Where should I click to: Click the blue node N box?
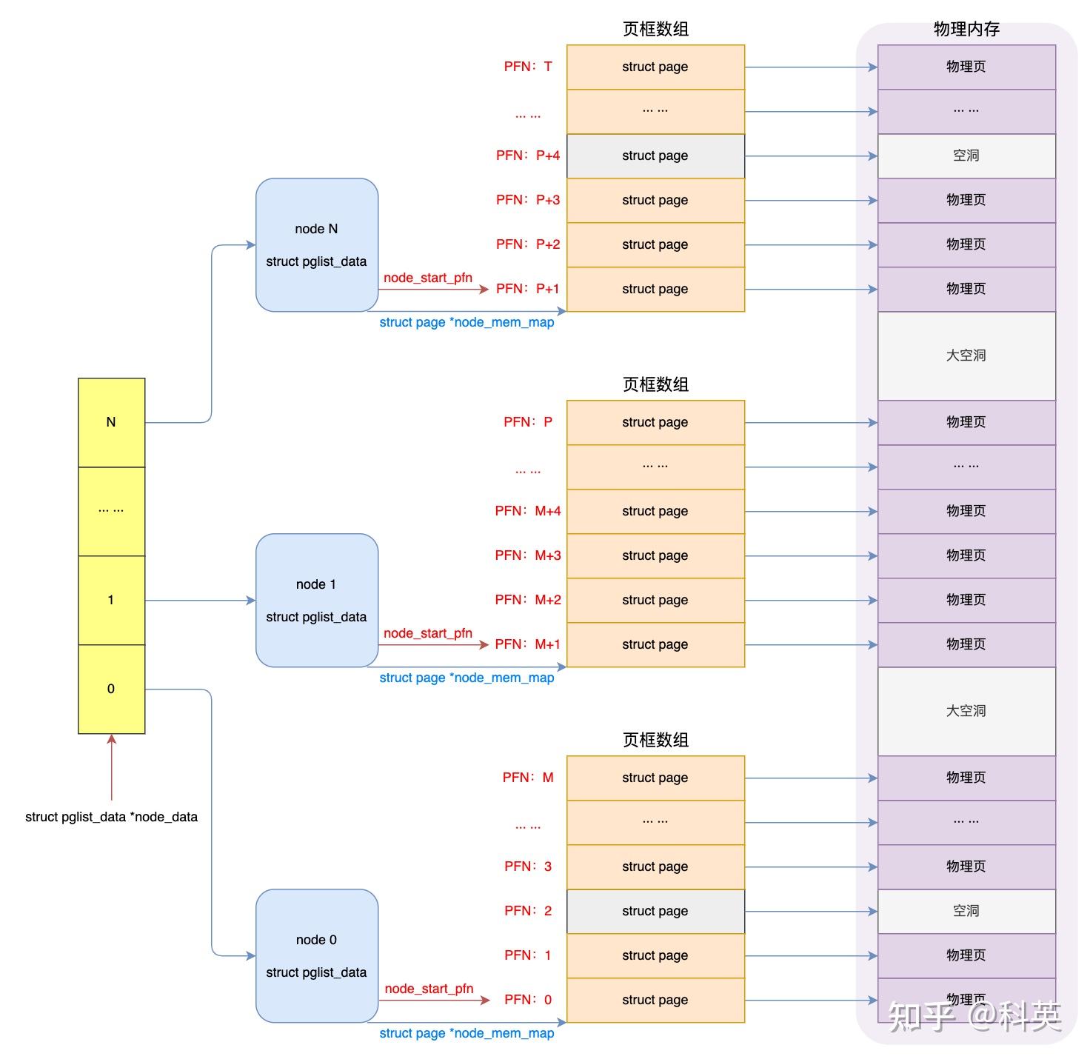(x=316, y=244)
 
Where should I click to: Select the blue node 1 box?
(x=316, y=600)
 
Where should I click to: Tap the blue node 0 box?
(x=316, y=955)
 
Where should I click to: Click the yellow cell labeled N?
(x=111, y=422)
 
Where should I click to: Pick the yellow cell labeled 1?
(x=111, y=600)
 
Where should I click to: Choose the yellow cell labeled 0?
(x=111, y=689)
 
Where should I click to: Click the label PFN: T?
(x=527, y=67)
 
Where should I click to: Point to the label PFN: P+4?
(x=527, y=156)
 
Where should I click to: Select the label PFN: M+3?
(x=527, y=555)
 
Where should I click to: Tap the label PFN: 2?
(x=527, y=911)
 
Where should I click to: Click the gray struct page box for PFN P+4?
(x=655, y=156)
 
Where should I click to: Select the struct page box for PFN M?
(x=655, y=778)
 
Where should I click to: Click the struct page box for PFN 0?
(x=655, y=1000)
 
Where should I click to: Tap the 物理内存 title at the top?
(x=966, y=29)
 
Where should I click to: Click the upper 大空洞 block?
(x=966, y=355)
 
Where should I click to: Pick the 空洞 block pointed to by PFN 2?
(x=966, y=911)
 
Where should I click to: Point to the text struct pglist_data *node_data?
(x=111, y=817)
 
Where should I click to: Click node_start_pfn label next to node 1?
(x=428, y=633)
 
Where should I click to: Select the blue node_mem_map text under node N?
(x=467, y=322)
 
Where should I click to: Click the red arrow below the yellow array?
(x=112, y=767)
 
